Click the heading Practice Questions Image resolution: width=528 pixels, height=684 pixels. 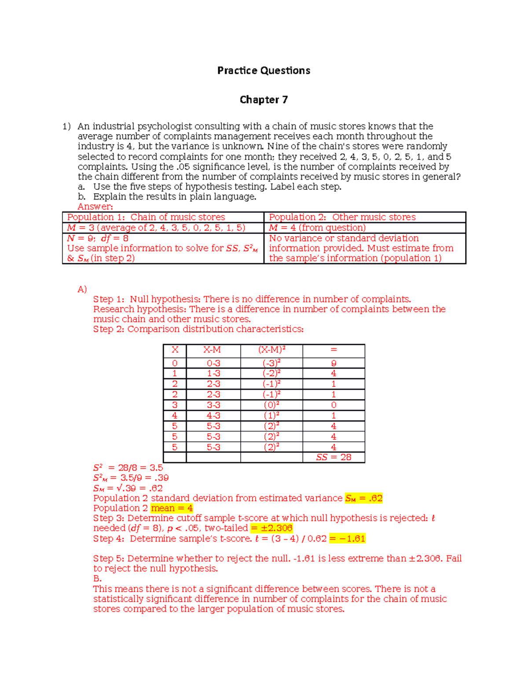coord(264,70)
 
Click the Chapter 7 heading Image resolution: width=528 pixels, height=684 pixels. coord(264,100)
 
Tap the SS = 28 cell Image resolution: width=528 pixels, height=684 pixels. coord(334,457)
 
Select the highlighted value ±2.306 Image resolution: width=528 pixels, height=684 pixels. coord(271,528)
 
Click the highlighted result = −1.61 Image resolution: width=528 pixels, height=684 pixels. coord(347,539)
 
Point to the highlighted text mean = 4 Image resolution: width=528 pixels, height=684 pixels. coord(172,508)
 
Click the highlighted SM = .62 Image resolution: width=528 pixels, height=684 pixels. coord(363,498)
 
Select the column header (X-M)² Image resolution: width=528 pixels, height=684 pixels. coord(271,350)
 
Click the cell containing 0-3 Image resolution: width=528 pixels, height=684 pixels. coord(213,363)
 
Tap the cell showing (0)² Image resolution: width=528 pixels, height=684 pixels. coord(271,405)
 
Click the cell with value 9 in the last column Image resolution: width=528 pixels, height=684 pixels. coord(334,363)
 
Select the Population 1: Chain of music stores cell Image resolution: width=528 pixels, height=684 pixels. coord(146,217)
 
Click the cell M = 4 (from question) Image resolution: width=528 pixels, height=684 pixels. coord(317,228)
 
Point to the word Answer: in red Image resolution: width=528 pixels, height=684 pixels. coord(95,207)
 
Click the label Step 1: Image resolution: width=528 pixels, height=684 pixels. coord(109,299)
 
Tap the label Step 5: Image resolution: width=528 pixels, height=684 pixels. coord(109,558)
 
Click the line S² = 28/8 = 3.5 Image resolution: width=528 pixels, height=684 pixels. coord(128,468)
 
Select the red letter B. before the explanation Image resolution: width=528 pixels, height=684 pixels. coord(97,579)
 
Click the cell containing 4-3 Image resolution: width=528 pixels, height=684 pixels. coord(213,416)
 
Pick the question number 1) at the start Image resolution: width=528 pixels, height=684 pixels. coord(66,126)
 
